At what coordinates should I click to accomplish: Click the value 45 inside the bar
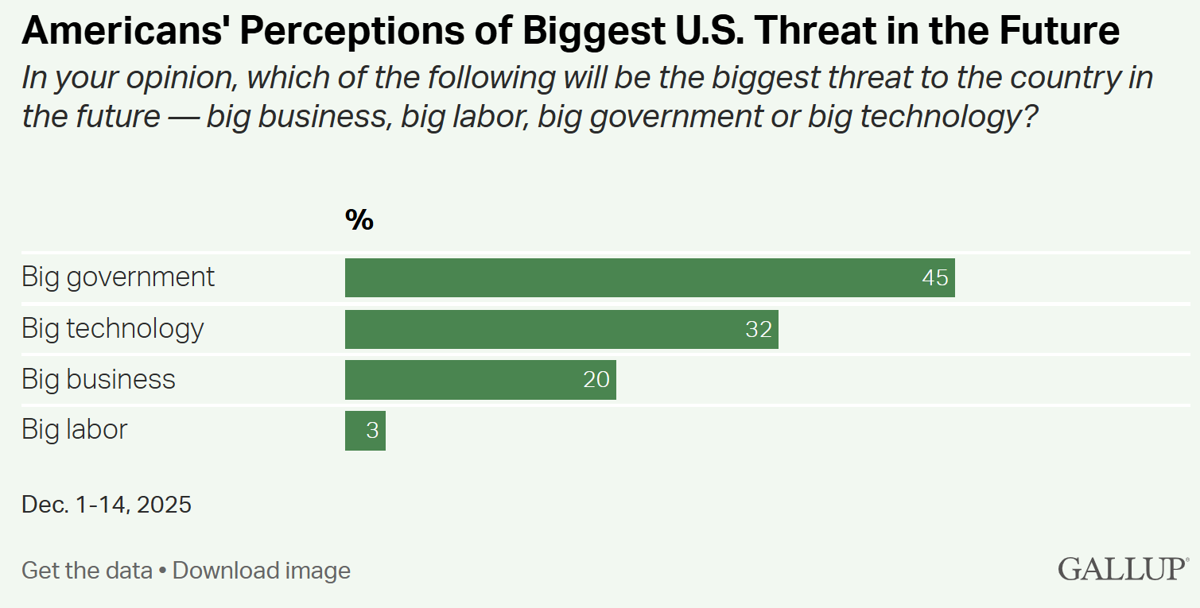935,277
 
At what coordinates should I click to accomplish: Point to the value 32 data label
759,328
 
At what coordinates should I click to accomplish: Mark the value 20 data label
596,379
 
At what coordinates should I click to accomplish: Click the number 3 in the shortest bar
372,430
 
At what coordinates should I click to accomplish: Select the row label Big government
118,277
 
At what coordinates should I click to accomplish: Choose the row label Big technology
113,328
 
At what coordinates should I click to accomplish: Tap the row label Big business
99,379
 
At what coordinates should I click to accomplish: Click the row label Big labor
75,430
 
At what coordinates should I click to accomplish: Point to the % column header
359,220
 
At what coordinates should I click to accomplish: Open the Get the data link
87,571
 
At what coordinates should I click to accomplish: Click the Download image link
262,571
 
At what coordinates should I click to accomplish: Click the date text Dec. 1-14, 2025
107,505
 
